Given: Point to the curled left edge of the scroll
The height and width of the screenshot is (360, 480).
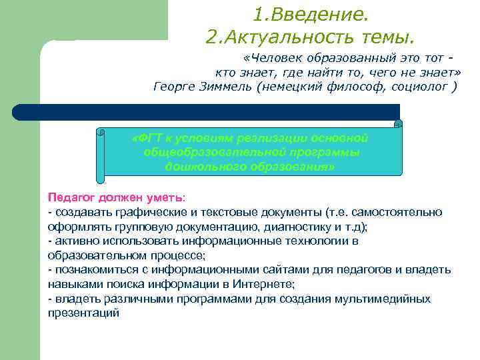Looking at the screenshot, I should pyautogui.click(x=101, y=154).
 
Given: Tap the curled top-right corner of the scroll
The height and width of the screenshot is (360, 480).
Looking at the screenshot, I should pyautogui.click(x=398, y=124).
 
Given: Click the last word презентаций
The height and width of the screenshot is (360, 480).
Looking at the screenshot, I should pyautogui.click(x=84, y=313).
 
